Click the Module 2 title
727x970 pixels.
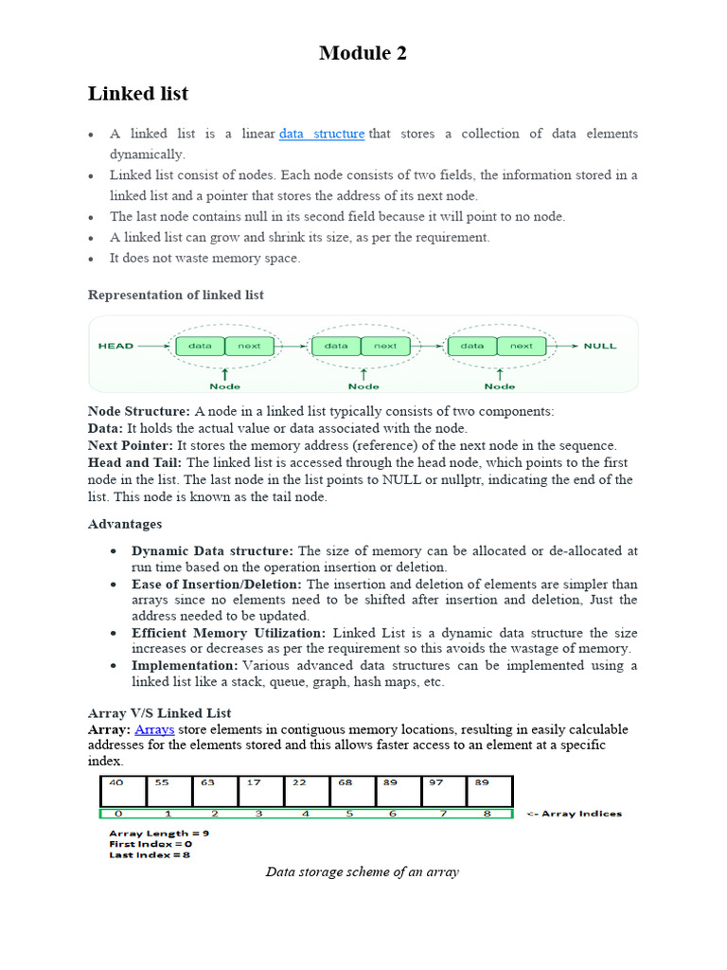[363, 53]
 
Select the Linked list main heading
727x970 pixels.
[138, 93]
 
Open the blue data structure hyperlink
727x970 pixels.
[322, 134]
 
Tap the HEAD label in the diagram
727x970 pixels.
[115, 346]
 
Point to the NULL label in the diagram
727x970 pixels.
[600, 346]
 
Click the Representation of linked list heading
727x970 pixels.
[176, 295]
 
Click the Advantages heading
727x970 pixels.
[125, 524]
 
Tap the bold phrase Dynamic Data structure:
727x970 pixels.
[213, 550]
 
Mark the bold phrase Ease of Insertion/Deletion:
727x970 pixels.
[217, 584]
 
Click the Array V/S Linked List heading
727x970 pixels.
[159, 712]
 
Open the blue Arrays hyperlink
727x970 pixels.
[154, 729]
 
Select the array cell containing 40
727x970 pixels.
[123, 791]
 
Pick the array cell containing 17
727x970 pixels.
[260, 791]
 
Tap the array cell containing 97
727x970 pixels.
[443, 791]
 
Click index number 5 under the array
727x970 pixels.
[348, 814]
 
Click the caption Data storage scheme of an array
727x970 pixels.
[362, 871]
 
